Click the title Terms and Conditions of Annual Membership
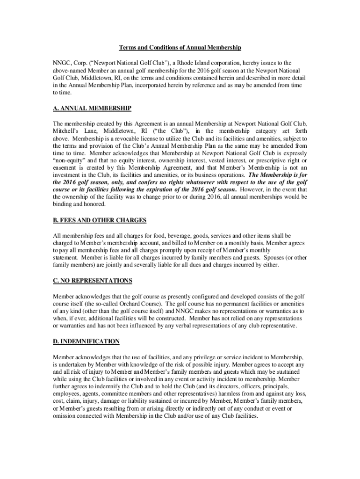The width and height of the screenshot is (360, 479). [180, 48]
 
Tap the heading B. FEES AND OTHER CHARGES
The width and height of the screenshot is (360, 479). [100, 220]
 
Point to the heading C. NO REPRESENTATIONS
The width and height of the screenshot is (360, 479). [93, 281]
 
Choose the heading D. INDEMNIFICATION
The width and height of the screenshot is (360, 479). [86, 341]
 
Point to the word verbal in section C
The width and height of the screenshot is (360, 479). [196, 326]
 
